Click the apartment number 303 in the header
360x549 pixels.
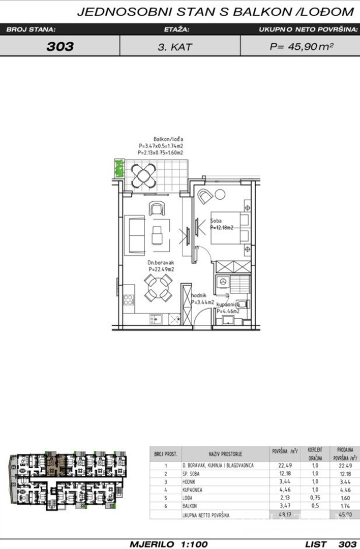click(60, 47)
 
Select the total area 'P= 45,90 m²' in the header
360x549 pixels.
click(301, 47)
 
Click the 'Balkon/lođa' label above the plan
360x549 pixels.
click(168, 139)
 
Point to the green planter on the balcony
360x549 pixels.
click(119, 168)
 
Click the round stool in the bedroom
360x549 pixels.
click(220, 194)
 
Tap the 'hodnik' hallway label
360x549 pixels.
click(198, 295)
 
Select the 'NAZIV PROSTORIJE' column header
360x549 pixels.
click(225, 453)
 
